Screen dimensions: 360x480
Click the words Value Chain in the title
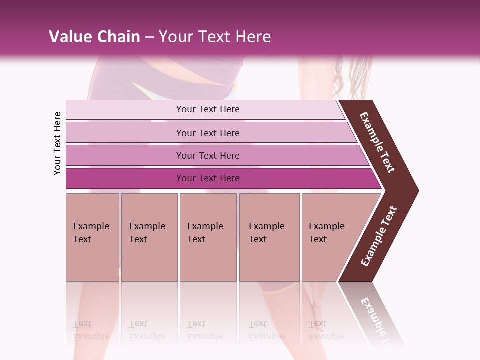tap(94, 37)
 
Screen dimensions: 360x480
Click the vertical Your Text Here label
tap(57, 143)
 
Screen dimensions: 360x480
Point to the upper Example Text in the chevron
tap(377, 142)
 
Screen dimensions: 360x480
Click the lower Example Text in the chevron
tap(379, 236)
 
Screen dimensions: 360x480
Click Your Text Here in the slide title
tap(215, 37)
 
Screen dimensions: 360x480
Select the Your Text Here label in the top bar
tap(208, 109)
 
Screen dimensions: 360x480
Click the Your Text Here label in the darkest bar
tap(208, 178)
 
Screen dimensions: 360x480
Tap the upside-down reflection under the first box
tap(91, 330)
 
